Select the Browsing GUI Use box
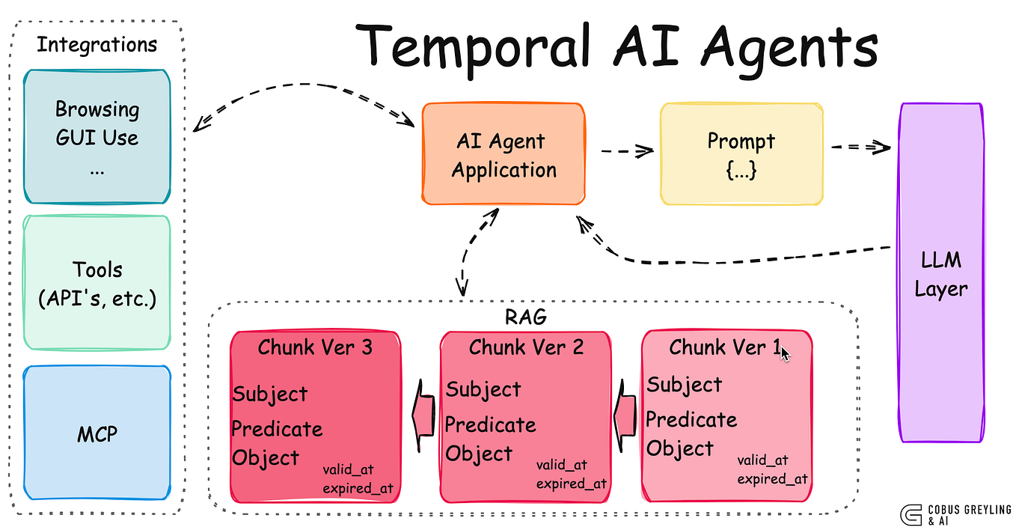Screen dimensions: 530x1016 pyautogui.click(x=97, y=136)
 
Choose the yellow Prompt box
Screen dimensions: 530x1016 pyautogui.click(x=741, y=155)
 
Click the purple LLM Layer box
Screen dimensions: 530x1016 pyautogui.click(x=940, y=273)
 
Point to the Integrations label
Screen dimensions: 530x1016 pyautogui.click(x=97, y=44)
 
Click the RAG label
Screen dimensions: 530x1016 pyautogui.click(x=526, y=317)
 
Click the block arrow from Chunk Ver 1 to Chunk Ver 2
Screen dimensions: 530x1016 pyautogui.click(x=625, y=415)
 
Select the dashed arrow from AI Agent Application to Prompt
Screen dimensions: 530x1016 pyautogui.click(x=627, y=151)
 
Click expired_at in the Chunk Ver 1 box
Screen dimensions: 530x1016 pyautogui.click(x=772, y=479)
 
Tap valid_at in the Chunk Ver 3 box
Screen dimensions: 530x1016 pyautogui.click(x=348, y=469)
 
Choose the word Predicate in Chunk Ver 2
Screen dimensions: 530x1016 pyautogui.click(x=490, y=424)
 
